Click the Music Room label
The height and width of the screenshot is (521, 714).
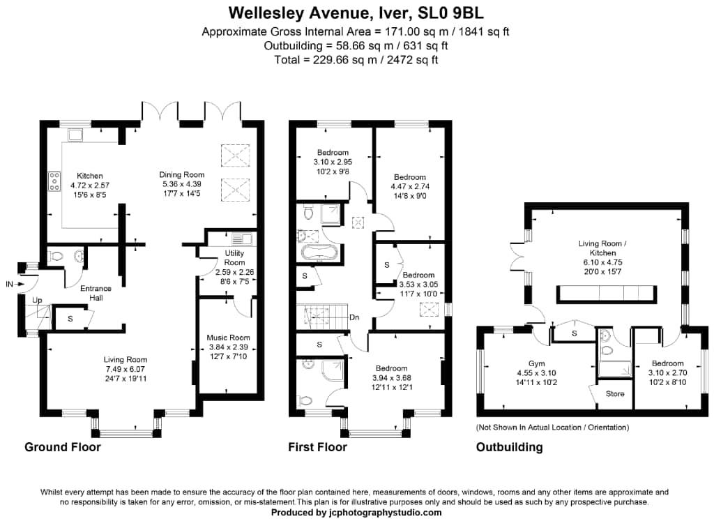pyautogui.click(x=227, y=338)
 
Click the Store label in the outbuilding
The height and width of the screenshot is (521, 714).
pyautogui.click(x=615, y=394)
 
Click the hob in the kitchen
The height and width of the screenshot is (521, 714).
pyautogui.click(x=54, y=181)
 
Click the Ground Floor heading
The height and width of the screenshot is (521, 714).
pyautogui.click(x=63, y=447)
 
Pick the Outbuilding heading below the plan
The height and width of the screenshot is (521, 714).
pyautogui.click(x=509, y=447)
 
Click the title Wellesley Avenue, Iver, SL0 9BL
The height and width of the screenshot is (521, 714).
pyautogui.click(x=356, y=13)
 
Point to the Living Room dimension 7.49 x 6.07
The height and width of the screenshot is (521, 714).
pyautogui.click(x=122, y=369)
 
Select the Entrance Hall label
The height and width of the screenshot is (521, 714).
pyautogui.click(x=96, y=293)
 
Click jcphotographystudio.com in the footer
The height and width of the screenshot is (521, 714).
pyautogui.click(x=385, y=513)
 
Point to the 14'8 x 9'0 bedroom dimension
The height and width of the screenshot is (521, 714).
pyautogui.click(x=409, y=186)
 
